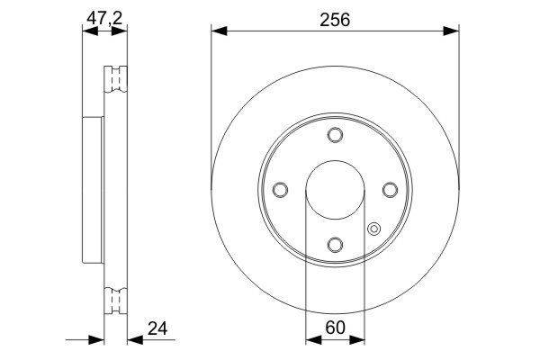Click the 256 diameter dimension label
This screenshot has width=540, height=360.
click(335, 20)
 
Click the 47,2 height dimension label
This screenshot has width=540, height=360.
click(104, 18)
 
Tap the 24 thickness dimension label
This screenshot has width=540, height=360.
click(157, 328)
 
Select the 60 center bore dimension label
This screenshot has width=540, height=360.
click(335, 328)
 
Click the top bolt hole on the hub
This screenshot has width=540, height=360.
click(335, 135)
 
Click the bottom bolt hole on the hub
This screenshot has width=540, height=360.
click(335, 245)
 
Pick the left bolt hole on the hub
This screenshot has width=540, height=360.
click(280, 190)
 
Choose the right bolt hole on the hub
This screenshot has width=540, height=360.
click(391, 190)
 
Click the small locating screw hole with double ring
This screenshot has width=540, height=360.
click(373, 229)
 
